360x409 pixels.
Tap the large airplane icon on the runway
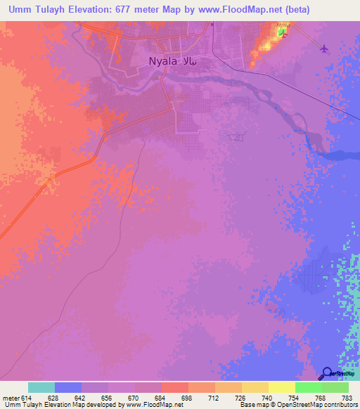tap(323, 48)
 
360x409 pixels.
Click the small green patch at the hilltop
tap(281, 32)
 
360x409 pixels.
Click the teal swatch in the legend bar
tap(41, 387)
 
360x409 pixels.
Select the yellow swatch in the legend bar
tap(282, 387)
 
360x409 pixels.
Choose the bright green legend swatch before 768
tap(309, 387)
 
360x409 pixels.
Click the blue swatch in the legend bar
tap(68, 387)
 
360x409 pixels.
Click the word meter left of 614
tap(10, 397)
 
